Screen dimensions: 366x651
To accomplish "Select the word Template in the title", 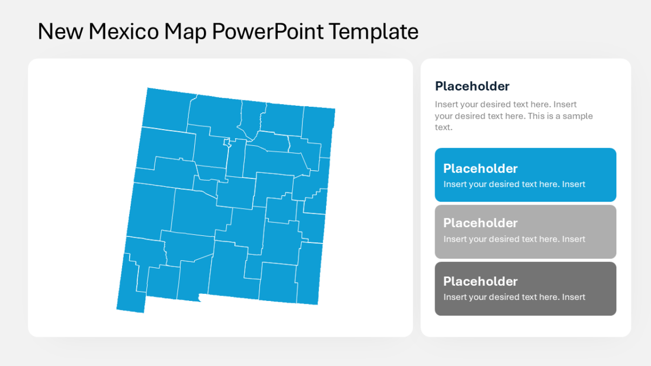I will point(374,32).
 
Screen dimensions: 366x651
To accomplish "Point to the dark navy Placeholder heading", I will point(472,86).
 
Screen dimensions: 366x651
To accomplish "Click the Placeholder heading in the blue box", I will point(480,168).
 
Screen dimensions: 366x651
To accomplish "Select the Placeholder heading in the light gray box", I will point(480,223).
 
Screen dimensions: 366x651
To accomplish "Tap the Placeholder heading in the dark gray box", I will point(480,281).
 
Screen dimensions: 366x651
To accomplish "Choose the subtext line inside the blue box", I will point(514,184).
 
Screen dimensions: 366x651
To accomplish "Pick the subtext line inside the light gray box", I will point(514,239).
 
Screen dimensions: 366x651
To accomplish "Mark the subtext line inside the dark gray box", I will point(514,297).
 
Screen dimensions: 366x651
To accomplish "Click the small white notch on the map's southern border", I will point(201,297).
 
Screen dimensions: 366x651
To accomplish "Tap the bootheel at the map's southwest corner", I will point(131,301).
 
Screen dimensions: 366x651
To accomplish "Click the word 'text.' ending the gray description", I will point(443,127).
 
